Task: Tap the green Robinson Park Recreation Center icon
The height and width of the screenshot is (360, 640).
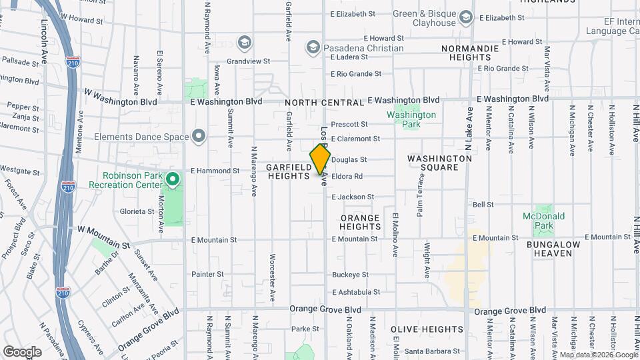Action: [x=173, y=179]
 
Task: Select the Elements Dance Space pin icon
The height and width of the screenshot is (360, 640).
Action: [x=198, y=137]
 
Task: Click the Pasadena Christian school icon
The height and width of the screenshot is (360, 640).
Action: [x=313, y=47]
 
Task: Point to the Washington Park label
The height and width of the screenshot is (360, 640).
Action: [x=411, y=119]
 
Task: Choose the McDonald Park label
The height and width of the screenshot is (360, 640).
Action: [x=544, y=221]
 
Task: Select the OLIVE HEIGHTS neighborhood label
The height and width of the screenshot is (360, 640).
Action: [x=427, y=329]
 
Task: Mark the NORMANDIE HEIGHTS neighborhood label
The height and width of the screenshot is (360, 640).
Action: [x=470, y=53]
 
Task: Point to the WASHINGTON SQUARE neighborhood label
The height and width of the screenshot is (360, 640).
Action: [x=440, y=163]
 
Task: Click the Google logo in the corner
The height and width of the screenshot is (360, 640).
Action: [x=22, y=351]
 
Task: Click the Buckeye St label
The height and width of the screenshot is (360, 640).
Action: [x=350, y=275]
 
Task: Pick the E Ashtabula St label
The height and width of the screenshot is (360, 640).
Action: [x=356, y=292]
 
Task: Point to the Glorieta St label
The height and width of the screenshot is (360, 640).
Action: [x=137, y=211]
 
